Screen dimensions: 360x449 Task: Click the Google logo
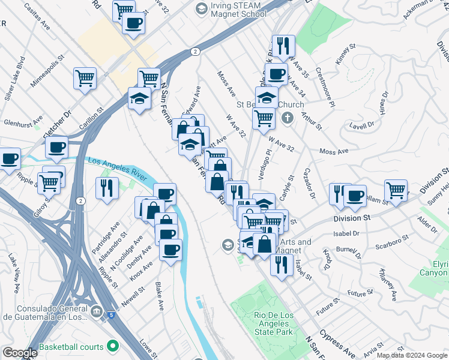(20, 353)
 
